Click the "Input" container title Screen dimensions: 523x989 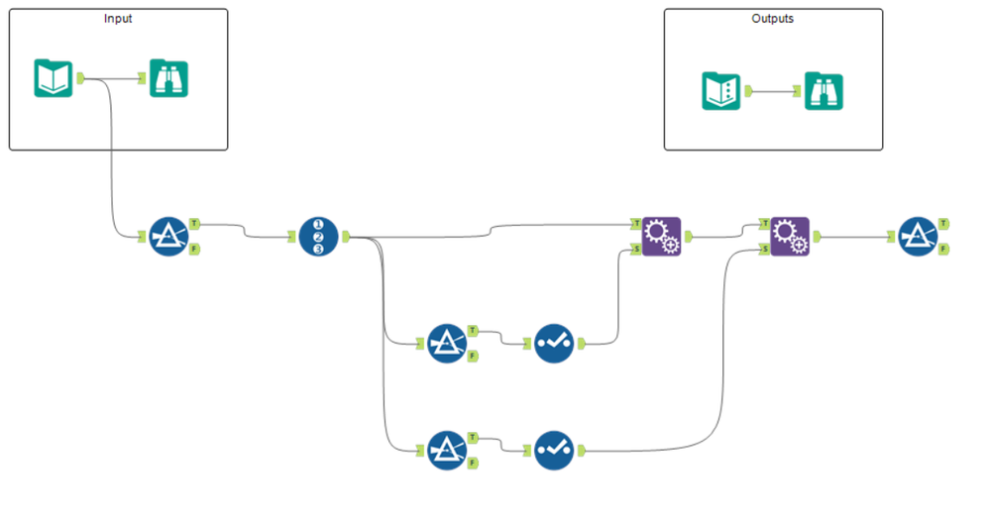point(118,19)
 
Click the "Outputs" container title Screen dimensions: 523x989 point(772,19)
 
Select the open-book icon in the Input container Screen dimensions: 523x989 point(54,78)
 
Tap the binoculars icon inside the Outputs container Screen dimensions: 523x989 point(824,90)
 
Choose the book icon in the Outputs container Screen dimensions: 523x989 point(721,90)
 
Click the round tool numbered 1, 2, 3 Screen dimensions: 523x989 point(318,238)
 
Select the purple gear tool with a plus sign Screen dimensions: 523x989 point(790,237)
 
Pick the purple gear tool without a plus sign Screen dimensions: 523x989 point(661,237)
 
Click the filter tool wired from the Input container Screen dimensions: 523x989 point(168,238)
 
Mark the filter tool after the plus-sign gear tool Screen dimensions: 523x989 point(918,238)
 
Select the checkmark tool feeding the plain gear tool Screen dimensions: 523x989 point(553,343)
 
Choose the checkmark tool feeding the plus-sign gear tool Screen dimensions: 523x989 point(553,451)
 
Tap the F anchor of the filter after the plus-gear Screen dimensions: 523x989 point(942,250)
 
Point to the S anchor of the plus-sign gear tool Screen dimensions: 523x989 point(764,250)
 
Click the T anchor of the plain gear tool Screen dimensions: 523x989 point(635,225)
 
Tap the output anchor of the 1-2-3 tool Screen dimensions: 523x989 point(345,238)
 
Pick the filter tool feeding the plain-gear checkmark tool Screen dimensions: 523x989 point(447,343)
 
